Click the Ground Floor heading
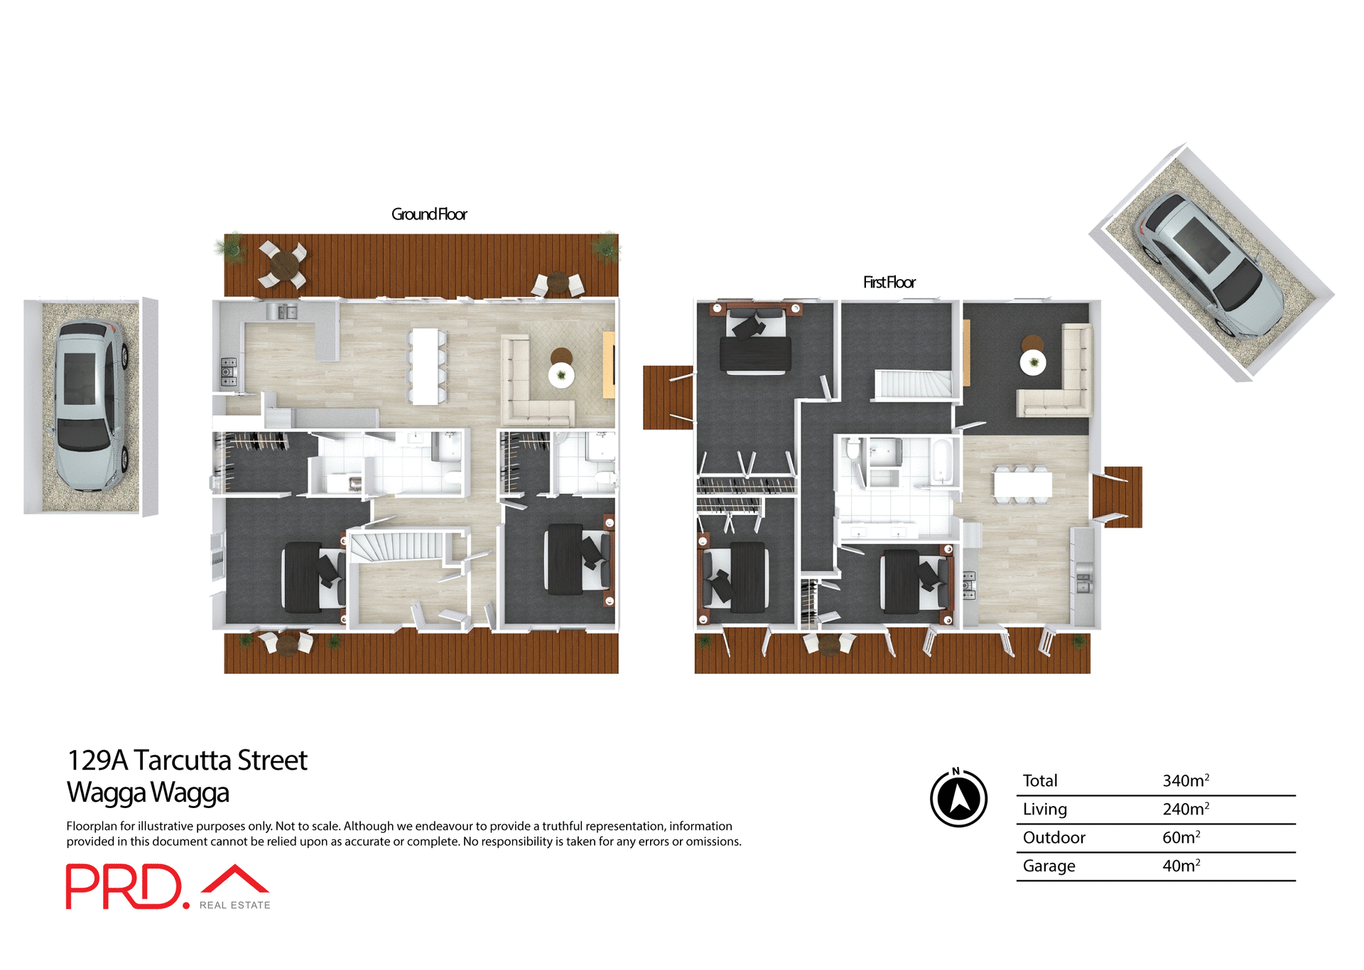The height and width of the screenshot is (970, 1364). click(429, 214)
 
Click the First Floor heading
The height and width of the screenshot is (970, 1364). click(889, 282)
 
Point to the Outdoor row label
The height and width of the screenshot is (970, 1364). click(1054, 837)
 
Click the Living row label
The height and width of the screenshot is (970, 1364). click(1044, 809)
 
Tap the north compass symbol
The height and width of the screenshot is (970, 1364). click(958, 798)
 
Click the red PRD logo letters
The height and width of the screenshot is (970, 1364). click(124, 886)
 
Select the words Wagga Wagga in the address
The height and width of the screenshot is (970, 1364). click(148, 792)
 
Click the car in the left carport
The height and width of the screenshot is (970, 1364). click(90, 405)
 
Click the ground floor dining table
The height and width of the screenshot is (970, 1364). click(426, 366)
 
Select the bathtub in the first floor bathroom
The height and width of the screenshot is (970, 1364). click(941, 462)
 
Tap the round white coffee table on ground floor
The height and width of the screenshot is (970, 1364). click(561, 374)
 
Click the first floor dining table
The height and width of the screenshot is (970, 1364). click(1022, 484)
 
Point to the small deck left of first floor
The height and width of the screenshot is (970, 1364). click(667, 398)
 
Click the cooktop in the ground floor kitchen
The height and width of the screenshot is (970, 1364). click(228, 372)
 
